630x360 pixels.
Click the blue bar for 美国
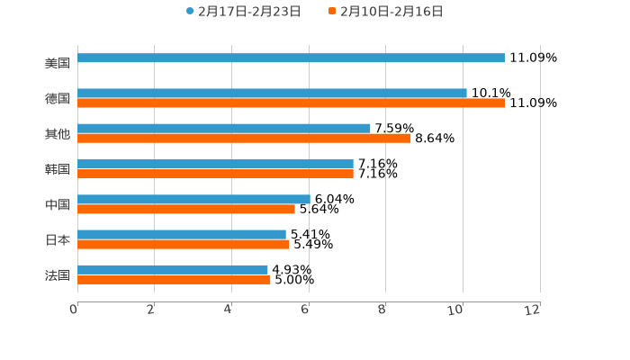(291, 58)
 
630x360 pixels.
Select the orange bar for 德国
(291, 103)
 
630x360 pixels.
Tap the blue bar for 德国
(272, 93)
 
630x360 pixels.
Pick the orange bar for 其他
(244, 139)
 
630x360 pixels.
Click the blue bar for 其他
(224, 128)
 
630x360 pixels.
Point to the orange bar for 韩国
(215, 174)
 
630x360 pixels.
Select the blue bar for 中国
(193, 199)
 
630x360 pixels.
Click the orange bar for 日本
(184, 244)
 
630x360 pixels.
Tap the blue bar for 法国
(173, 269)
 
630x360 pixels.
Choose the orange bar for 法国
(174, 280)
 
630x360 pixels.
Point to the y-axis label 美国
(58, 63)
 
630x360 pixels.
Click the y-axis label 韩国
(58, 169)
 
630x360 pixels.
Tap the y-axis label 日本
(58, 239)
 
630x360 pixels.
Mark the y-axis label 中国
(58, 204)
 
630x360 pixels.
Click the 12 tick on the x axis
(533, 310)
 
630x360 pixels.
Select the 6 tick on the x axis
(305, 310)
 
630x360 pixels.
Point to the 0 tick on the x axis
(74, 310)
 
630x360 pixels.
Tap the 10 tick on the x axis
(455, 310)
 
